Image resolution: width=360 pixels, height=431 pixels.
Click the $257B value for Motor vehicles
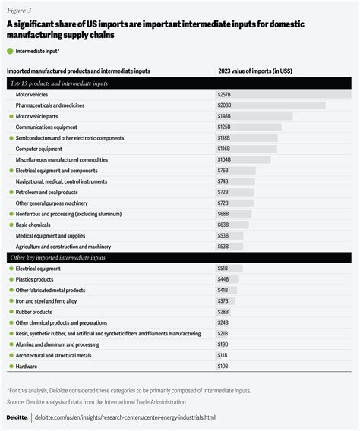point(224,94)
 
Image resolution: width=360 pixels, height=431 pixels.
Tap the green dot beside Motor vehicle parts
point(10,117)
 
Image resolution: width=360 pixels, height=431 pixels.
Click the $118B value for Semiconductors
point(224,138)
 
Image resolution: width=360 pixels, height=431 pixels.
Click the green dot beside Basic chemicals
point(10,225)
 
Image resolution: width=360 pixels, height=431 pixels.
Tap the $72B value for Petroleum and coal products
point(223,193)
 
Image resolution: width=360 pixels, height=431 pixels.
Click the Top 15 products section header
point(58,82)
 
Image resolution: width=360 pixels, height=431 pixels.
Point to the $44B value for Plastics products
point(223,280)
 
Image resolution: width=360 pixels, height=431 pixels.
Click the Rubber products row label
point(34,312)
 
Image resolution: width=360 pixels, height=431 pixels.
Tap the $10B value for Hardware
point(223,367)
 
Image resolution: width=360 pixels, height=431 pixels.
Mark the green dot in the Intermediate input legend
point(10,51)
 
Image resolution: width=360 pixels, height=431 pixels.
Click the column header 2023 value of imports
point(255,71)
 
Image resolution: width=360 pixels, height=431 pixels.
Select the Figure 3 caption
point(19,11)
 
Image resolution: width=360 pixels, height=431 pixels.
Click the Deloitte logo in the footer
point(17,417)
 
